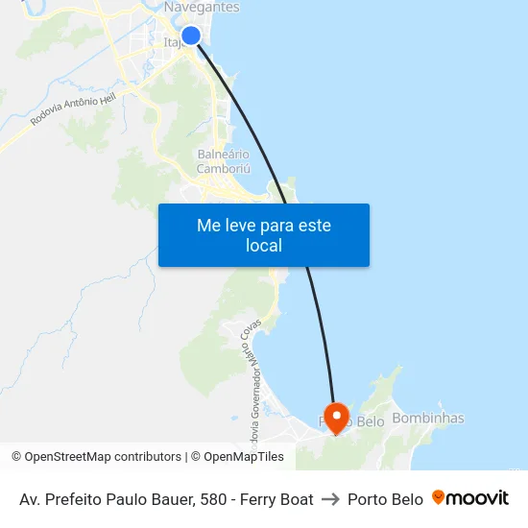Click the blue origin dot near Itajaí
(190, 36)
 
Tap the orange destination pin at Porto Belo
(336, 418)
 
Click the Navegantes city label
(202, 8)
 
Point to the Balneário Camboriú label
(223, 161)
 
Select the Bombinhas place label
(428, 419)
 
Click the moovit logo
(470, 498)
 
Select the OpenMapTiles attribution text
(243, 457)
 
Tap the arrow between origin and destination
(330, 499)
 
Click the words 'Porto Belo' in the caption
(385, 499)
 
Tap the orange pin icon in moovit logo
(439, 497)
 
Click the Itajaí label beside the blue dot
(173, 42)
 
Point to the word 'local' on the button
(263, 246)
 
